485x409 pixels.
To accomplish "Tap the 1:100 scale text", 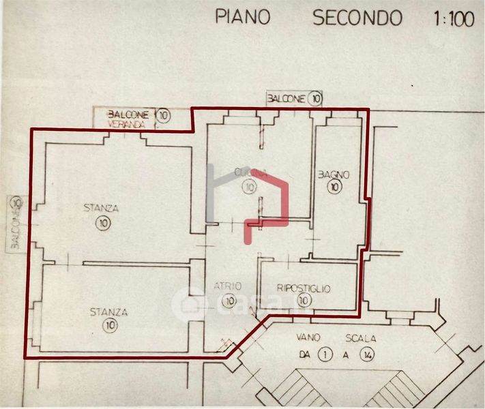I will point(452,18).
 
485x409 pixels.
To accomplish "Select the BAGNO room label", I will point(334,175).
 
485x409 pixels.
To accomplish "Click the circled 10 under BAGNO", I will point(334,187).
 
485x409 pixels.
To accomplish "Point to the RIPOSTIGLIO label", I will point(304,289).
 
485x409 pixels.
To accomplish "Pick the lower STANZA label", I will point(108,312).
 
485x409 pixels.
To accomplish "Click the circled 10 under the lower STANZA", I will point(111,325).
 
